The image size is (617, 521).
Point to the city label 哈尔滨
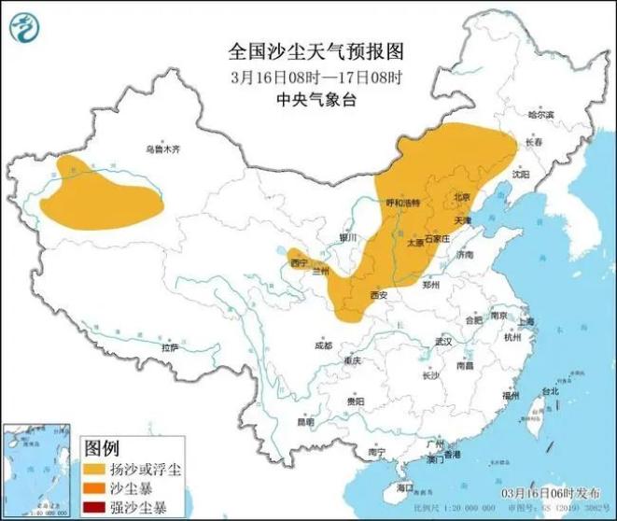[540, 115]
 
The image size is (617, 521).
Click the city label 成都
[323, 345]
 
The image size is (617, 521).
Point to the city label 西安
[378, 295]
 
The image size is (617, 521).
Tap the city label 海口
[403, 487]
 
